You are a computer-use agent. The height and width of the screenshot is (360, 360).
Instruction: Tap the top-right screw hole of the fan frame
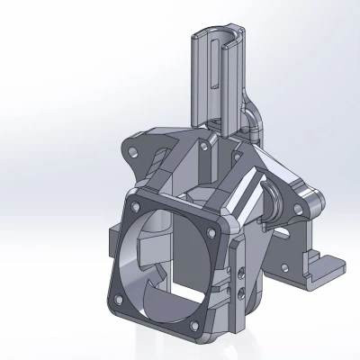point(221,215)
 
